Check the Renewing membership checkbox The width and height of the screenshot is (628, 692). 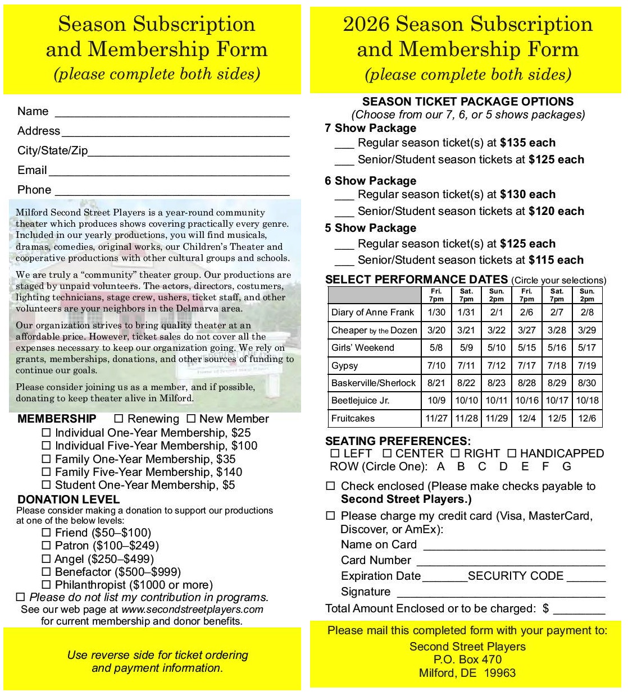click(x=119, y=419)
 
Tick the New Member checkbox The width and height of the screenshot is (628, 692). click(x=191, y=419)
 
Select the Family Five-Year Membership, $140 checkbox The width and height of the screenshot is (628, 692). click(x=47, y=472)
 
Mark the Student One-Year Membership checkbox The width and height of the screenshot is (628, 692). click(x=47, y=485)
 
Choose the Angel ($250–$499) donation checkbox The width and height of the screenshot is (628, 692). click(x=47, y=559)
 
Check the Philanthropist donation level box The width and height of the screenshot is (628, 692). click(x=47, y=585)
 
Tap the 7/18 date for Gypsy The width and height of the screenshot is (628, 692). click(x=557, y=365)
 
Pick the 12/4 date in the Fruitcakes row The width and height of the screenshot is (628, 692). click(x=526, y=418)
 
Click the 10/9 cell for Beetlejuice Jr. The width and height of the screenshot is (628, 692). click(x=436, y=400)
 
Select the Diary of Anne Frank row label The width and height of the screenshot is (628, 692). click(x=372, y=312)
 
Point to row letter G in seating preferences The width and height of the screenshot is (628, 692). click(x=567, y=466)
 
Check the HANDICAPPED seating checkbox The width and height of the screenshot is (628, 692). click(x=512, y=453)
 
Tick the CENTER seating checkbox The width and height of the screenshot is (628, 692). click(x=387, y=453)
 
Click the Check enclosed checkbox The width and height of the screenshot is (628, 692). click(x=331, y=486)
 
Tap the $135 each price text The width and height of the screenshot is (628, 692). click(x=527, y=143)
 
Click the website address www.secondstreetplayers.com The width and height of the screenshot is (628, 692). click(x=192, y=609)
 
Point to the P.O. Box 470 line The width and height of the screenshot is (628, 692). click(x=467, y=659)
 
